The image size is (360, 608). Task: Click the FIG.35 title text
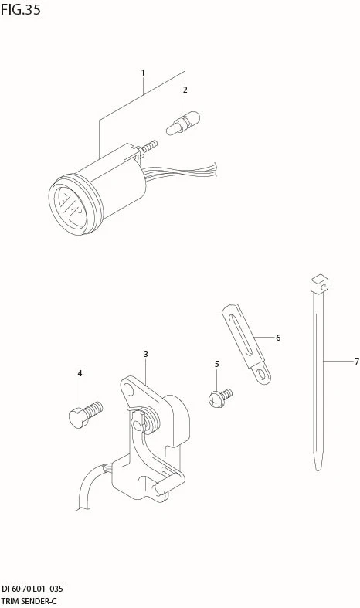point(20,10)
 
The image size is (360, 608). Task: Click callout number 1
point(143,73)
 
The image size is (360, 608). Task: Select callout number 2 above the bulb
point(185,90)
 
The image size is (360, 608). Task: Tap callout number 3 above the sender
point(145,354)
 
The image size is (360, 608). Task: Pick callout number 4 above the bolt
point(80,373)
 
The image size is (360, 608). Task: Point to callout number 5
point(216,364)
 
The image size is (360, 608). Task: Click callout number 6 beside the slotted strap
point(278,338)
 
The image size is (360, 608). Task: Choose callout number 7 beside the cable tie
point(357,362)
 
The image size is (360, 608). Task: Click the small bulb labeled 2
point(183,123)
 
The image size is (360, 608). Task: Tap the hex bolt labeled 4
point(86,415)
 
